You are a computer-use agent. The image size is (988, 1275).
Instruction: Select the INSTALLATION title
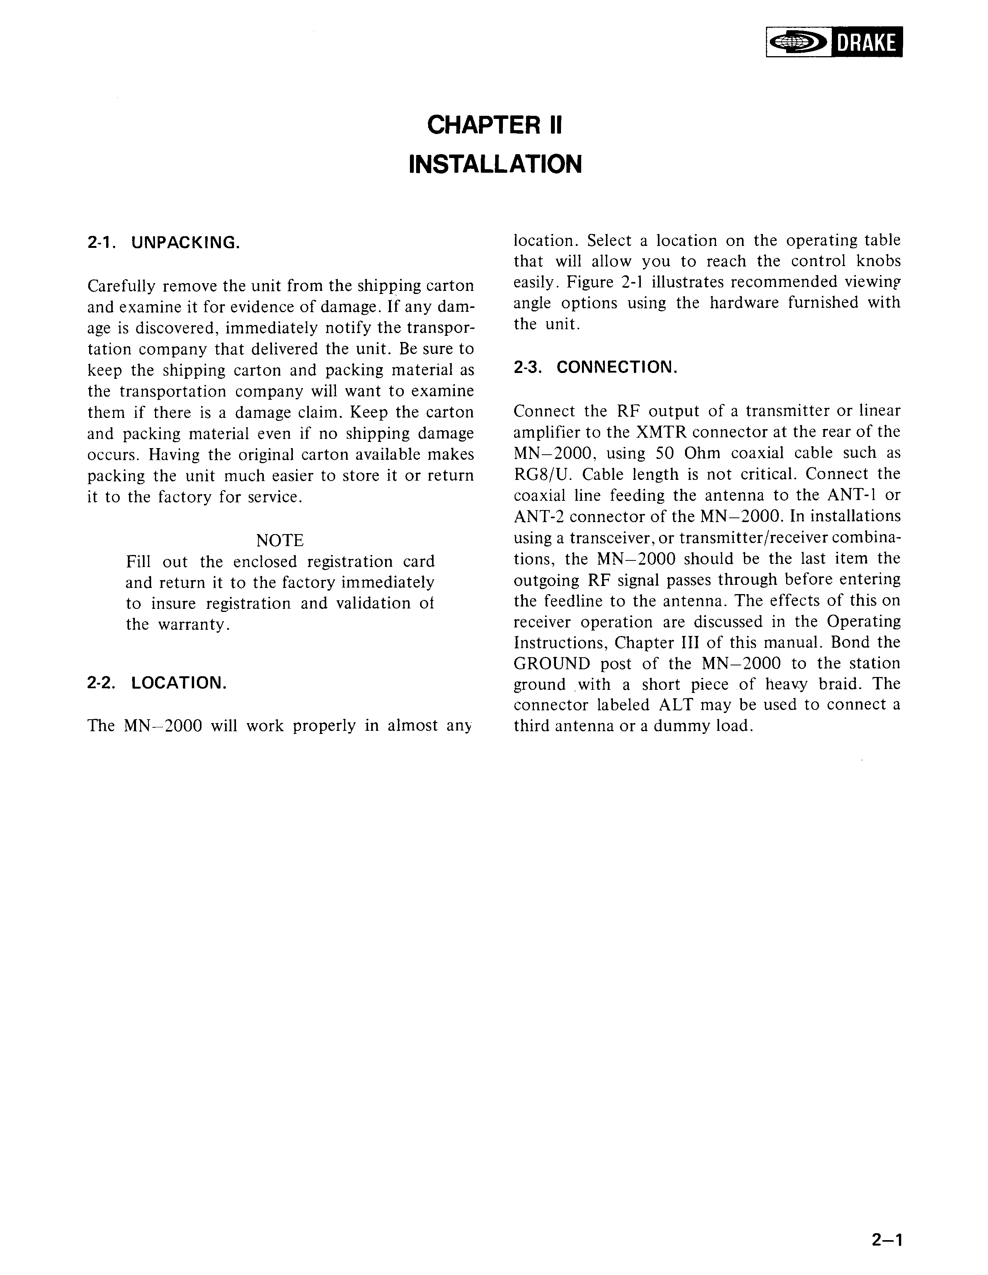coord(495,164)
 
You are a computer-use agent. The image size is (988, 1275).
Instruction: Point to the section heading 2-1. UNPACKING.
coord(164,242)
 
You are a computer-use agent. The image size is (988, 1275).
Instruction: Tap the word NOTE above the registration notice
coord(280,540)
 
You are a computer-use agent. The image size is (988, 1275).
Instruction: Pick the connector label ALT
coord(676,705)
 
